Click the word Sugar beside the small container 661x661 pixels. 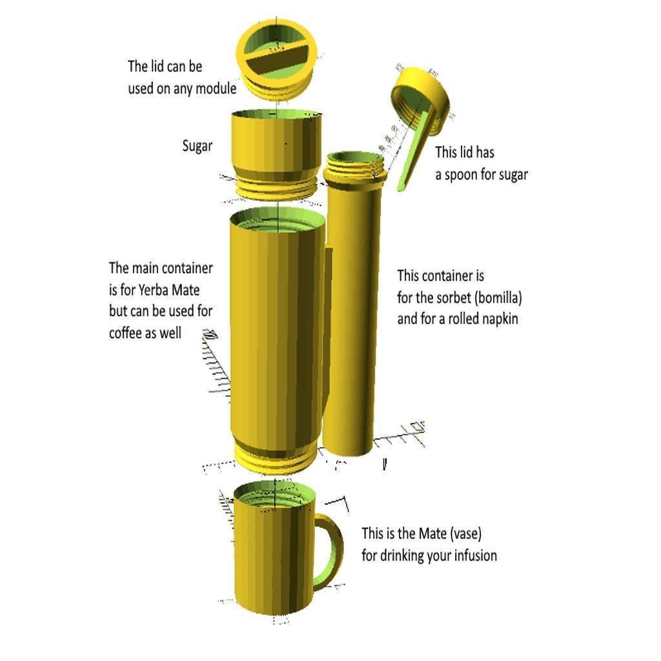pyautogui.click(x=198, y=147)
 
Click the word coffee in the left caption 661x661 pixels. pyautogui.click(x=125, y=334)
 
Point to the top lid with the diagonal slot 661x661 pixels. pyautogui.click(x=276, y=59)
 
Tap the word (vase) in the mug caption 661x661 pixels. pyautogui.click(x=465, y=534)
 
